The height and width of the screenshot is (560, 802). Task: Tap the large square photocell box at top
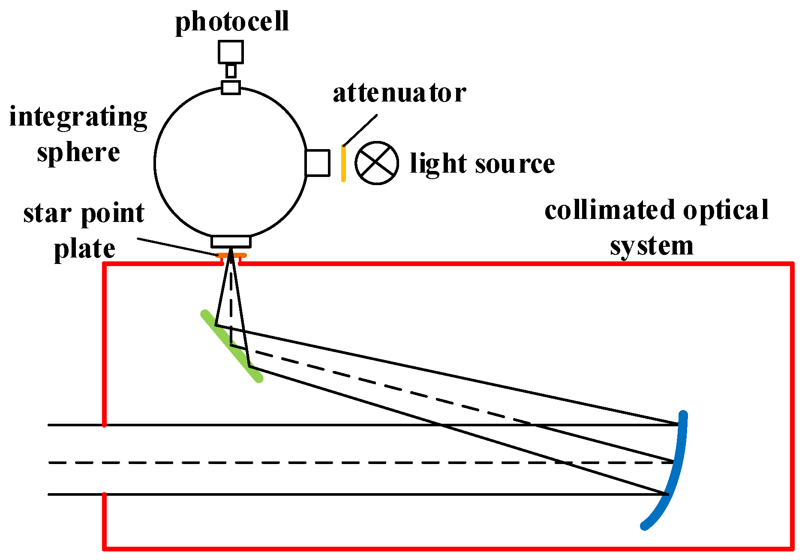pyautogui.click(x=231, y=52)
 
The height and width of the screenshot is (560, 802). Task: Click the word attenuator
pyautogui.click(x=399, y=93)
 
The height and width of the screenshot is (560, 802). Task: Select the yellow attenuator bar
pyautogui.click(x=343, y=163)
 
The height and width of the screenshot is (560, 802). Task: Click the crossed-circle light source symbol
pyautogui.click(x=377, y=163)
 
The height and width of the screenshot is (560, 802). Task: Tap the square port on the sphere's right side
pyautogui.click(x=318, y=163)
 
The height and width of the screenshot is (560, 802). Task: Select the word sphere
pyautogui.click(x=78, y=153)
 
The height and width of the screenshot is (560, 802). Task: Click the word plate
pyautogui.click(x=84, y=249)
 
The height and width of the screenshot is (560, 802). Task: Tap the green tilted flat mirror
pyautogui.click(x=231, y=346)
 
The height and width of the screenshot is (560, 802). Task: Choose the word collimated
pyautogui.click(x=610, y=210)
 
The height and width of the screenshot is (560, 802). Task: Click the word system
pyautogui.click(x=652, y=246)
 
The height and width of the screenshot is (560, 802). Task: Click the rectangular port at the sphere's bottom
pyautogui.click(x=231, y=241)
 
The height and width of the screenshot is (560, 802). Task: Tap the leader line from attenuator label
pyautogui.click(x=360, y=130)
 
